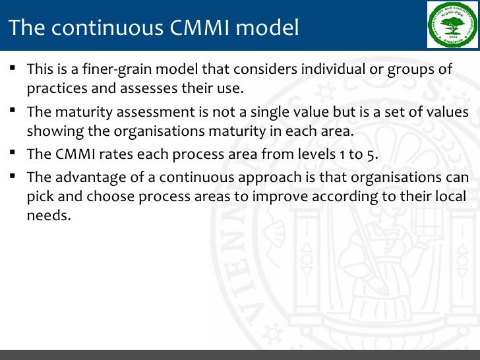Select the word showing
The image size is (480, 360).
pos(53,131)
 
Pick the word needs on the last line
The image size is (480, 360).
pos(48,216)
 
